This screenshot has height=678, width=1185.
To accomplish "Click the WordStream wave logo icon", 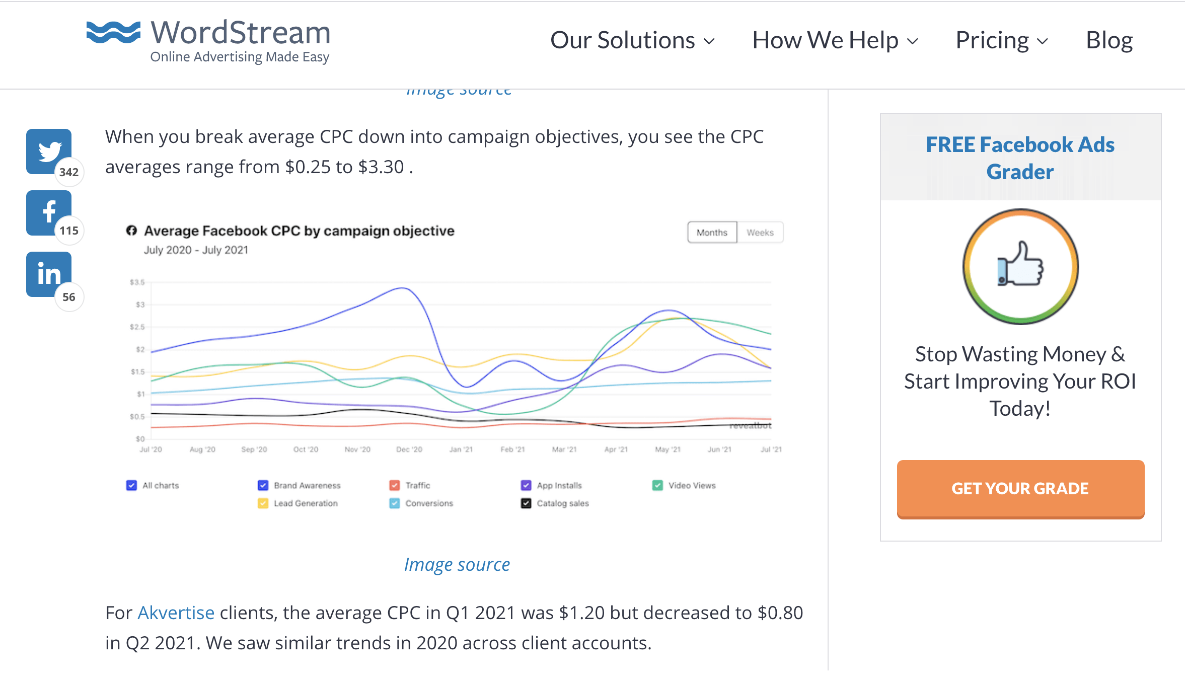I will tap(113, 33).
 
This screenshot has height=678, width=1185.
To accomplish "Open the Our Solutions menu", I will tap(632, 40).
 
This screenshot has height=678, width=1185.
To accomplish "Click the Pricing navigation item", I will tap(1001, 40).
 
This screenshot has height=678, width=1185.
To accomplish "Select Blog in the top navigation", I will tap(1109, 40).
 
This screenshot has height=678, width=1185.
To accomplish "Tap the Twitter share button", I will tap(49, 151).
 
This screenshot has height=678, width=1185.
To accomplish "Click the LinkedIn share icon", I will tap(49, 274).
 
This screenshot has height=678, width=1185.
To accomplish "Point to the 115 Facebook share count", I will tap(69, 231).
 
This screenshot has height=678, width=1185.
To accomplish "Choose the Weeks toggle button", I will tap(760, 233).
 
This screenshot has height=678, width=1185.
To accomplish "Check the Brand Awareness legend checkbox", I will tap(263, 485).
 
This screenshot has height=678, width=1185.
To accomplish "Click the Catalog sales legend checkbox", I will tap(526, 503).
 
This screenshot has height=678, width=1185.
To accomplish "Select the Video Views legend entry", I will tap(691, 485).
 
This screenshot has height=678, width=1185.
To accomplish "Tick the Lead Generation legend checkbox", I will tap(263, 503).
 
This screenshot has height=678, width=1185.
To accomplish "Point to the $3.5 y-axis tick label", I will tap(137, 282).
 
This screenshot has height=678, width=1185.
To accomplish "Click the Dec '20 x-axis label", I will tap(409, 449).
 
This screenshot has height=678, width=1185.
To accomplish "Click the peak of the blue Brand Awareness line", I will tap(402, 288).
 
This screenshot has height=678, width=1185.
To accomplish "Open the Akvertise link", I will tap(176, 613).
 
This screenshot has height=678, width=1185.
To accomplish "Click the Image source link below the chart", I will tap(457, 565).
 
